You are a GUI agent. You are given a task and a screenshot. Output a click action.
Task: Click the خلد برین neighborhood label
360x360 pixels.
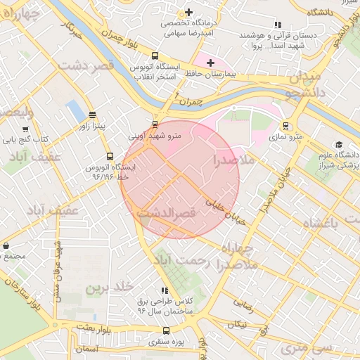pos(109,288)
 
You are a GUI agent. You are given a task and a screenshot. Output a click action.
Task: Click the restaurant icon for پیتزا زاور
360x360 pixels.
pos(93,115)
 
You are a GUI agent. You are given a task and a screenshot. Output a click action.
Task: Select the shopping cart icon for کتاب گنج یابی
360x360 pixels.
pos(26,129)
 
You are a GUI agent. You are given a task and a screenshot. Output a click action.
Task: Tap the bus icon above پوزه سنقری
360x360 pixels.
pos(166,330)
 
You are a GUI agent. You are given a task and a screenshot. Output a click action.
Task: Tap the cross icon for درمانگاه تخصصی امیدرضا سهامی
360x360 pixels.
pos(188,12)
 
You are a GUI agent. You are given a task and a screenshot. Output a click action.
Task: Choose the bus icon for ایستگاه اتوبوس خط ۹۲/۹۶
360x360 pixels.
pos(109,156)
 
